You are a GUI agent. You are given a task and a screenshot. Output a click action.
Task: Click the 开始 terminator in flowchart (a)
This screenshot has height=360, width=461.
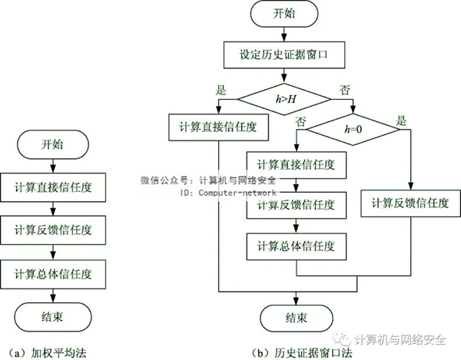53,145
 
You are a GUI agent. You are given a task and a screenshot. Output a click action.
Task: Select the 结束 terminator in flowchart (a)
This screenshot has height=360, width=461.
53,317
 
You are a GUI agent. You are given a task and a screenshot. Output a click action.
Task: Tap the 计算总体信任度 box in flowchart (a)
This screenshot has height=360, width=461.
53,274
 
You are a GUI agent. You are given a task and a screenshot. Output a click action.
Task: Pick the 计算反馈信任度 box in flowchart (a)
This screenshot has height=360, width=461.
53,230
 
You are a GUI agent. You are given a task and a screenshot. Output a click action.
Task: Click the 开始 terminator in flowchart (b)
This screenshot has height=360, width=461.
284,14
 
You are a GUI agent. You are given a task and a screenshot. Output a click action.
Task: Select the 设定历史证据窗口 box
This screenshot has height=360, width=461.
284,55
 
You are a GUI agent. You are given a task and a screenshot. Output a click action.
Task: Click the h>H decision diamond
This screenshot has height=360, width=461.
284,99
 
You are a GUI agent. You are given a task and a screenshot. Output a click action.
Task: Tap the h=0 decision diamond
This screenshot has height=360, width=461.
353,130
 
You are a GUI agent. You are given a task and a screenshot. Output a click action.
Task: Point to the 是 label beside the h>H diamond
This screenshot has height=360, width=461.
221,90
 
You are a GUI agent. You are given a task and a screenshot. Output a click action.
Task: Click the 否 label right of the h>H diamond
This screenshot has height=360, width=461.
344,90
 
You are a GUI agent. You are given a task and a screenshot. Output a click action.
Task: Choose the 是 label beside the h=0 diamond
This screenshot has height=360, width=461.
401,121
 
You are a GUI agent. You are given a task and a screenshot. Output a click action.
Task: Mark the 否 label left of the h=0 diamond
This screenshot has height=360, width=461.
300,121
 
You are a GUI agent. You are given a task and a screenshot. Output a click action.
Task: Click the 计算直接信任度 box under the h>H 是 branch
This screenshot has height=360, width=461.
218,127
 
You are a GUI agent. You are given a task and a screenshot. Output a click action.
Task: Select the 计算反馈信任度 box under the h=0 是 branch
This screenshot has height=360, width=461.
410,203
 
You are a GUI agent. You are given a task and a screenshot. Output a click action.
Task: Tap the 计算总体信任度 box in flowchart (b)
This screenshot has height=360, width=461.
297,246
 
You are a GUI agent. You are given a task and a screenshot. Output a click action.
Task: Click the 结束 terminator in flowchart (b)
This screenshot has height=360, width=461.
297,319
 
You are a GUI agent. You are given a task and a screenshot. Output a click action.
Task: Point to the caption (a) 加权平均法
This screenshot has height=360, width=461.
48,353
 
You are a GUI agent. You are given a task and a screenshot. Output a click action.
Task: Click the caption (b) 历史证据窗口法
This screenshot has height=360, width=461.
302,353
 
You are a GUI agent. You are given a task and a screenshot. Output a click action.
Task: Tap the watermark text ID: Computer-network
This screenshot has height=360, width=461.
228,193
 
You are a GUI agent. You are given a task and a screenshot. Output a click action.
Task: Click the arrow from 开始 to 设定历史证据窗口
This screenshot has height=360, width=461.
284,35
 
